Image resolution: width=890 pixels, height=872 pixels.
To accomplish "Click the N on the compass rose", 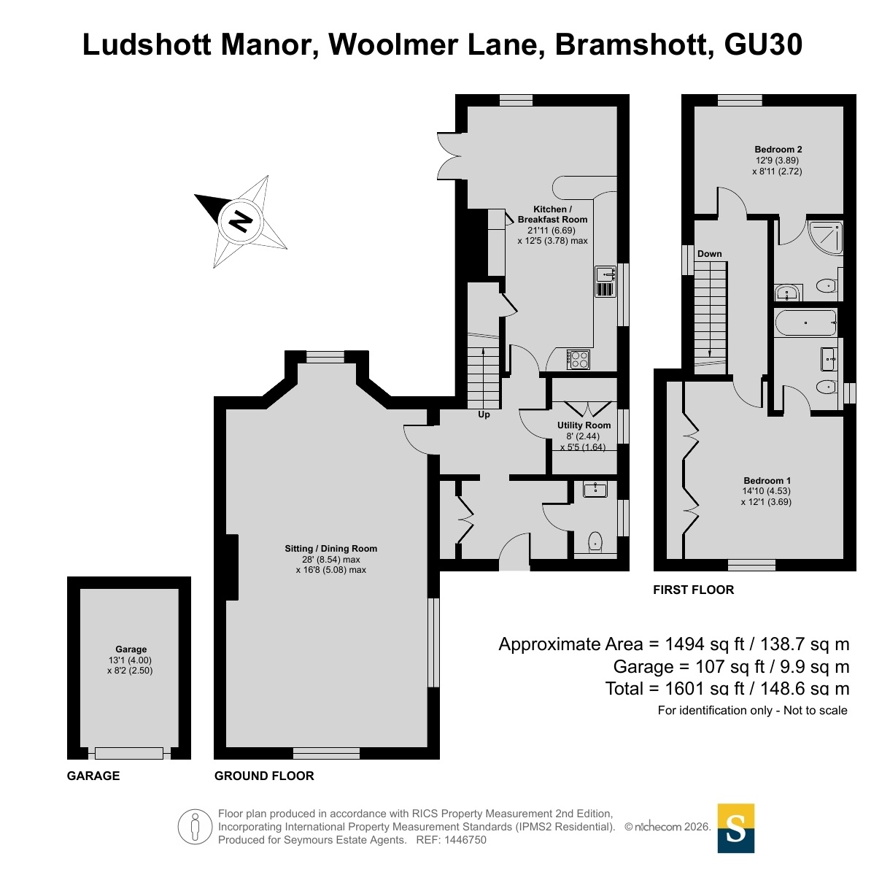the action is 241,221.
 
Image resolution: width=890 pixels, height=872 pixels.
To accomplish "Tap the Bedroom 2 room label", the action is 778,150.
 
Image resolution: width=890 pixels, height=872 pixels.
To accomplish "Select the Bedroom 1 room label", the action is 767,480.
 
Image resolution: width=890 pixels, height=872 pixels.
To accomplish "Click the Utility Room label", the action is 584,425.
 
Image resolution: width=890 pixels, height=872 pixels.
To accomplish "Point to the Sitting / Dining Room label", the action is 330,549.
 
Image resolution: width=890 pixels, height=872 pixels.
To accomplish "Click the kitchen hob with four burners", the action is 578,360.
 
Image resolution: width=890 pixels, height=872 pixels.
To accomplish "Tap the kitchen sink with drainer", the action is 605,282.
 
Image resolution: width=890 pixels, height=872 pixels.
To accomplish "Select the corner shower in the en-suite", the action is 825,238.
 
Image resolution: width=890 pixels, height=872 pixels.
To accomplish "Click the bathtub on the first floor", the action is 806,323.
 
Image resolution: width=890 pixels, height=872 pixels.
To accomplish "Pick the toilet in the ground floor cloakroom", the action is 595,542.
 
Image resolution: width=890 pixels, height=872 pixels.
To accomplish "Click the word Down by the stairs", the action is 709,254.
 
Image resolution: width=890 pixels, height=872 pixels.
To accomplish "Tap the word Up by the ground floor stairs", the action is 484,414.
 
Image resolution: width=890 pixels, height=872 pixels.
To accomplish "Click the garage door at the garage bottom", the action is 129,753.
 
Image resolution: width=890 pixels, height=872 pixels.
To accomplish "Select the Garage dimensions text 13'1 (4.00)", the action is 130,660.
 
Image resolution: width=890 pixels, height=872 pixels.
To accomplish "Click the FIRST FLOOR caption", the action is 693,590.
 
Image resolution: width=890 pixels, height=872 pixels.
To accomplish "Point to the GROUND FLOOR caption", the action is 264,776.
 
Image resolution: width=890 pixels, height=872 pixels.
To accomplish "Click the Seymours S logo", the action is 736,828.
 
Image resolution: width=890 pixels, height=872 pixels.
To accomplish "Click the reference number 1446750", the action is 465,840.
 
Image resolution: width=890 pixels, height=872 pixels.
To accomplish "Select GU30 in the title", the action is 763,45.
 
